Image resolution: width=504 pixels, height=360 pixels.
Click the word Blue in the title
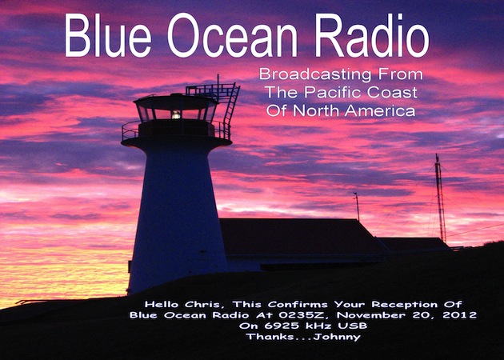coord(108,35)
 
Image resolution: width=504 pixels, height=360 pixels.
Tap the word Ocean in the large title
coord(232,36)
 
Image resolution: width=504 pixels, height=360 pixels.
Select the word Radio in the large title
coord(372,35)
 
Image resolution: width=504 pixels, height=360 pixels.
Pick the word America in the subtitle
coord(379,111)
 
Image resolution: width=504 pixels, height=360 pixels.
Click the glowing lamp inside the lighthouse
coord(176,114)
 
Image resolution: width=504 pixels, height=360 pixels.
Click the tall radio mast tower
coord(440,198)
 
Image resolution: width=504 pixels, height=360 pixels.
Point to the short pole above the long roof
coord(357,206)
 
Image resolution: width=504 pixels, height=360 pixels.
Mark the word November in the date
coord(370,314)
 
